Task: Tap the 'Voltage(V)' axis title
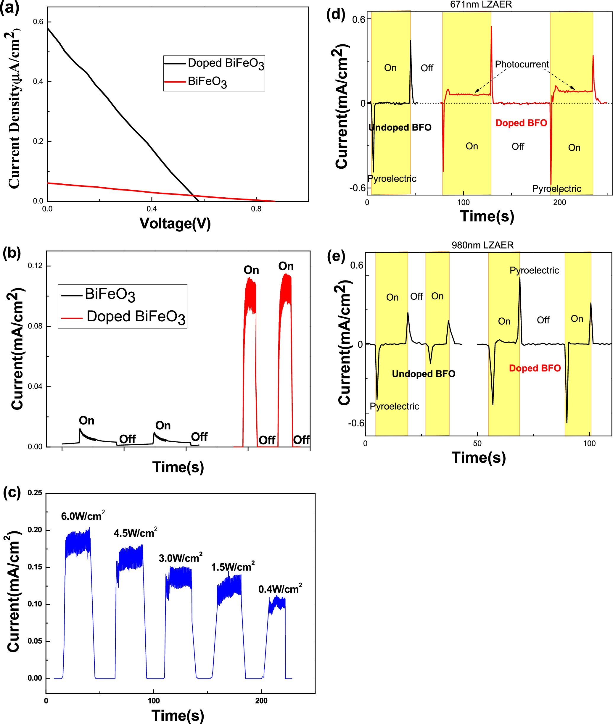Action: (x=175, y=223)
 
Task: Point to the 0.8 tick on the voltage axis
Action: (x=256, y=209)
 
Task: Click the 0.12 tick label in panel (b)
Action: (x=35, y=266)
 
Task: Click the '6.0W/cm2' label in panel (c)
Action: (x=83, y=515)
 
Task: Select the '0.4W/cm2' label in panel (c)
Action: (x=280, y=588)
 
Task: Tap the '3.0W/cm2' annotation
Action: (x=180, y=558)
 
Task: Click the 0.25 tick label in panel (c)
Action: (x=35, y=493)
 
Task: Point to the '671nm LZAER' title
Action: (x=481, y=4)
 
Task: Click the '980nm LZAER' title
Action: (x=482, y=245)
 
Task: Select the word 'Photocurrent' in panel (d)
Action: (x=522, y=64)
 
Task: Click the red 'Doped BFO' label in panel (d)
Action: (x=521, y=123)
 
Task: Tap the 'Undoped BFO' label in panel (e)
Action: (x=423, y=374)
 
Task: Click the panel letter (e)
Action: (x=336, y=257)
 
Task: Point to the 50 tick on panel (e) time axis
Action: (x=477, y=444)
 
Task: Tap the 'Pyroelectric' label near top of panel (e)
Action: (x=534, y=270)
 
